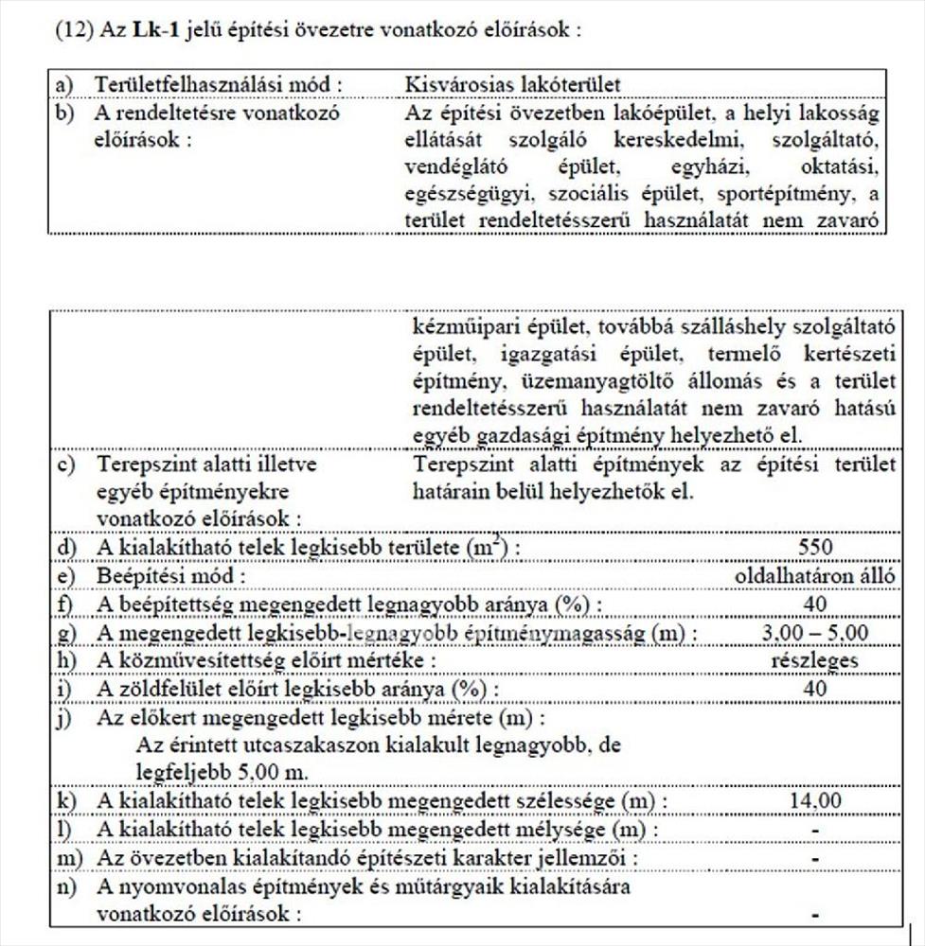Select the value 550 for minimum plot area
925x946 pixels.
[x=814, y=548]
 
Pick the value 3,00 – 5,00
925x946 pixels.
[x=814, y=633]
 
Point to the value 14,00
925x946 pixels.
[x=814, y=801]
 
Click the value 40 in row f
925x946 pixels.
[x=814, y=604]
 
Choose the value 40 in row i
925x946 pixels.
[x=814, y=689]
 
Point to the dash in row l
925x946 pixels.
[x=814, y=830]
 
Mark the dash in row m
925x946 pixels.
[x=814, y=858]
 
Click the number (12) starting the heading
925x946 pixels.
[x=72, y=29]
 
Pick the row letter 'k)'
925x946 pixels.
[x=66, y=801]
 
